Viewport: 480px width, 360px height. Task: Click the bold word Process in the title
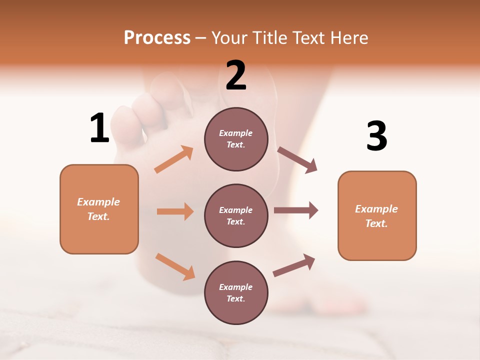point(157,38)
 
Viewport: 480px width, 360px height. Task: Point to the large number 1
point(99,128)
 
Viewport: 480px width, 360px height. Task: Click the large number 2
point(236,75)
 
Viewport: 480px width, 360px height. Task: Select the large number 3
point(376,136)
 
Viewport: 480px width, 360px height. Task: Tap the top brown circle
point(236,139)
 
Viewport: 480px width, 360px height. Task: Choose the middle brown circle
point(236,215)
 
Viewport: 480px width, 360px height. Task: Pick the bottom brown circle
point(236,292)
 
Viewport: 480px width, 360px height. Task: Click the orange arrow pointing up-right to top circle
point(174,159)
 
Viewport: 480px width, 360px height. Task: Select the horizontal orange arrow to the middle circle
point(175,211)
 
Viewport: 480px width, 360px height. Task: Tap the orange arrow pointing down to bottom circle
point(175,266)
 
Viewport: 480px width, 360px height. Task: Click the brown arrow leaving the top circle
point(297,160)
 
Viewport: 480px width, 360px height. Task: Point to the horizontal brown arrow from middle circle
point(295,210)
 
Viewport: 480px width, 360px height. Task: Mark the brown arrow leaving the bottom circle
point(294,265)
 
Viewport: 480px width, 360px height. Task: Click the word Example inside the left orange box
point(98,202)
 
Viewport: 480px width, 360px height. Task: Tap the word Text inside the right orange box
point(376,223)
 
